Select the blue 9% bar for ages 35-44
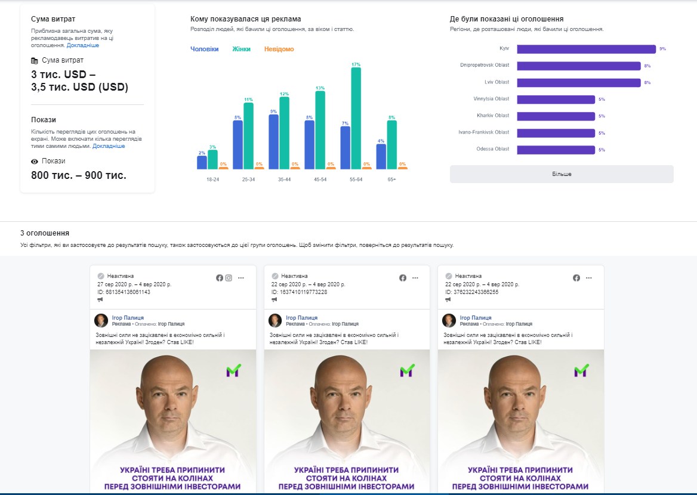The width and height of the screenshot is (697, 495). coord(273,142)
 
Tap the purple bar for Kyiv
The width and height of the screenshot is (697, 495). coord(586,49)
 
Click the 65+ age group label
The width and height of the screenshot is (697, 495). coord(391,179)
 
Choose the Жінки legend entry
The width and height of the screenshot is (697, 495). coord(241,49)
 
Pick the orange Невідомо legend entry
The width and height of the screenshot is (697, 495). coord(279,49)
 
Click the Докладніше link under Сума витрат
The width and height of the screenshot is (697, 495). coord(83,45)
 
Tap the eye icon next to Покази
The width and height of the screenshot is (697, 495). coord(35,162)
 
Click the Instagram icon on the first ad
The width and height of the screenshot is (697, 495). coord(229,278)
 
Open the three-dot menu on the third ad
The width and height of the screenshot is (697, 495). coord(589,278)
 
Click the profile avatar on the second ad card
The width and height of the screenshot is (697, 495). coord(275,321)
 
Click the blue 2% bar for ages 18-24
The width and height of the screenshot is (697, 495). coord(202,163)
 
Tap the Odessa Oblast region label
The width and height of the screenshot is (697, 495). coord(493,149)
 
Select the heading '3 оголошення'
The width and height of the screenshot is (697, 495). coord(45,233)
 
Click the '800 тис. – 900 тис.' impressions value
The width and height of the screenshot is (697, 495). coord(79,175)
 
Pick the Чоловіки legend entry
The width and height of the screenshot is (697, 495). coord(204,49)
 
